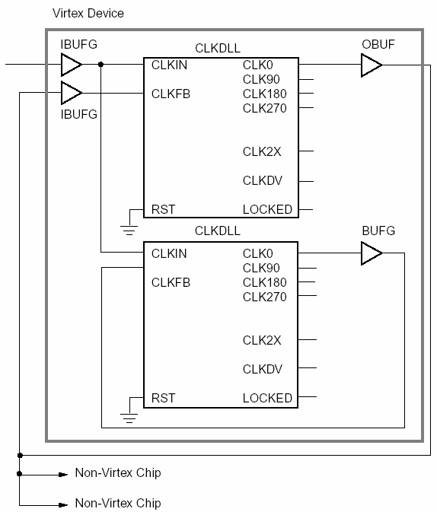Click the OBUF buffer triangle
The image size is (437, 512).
372,65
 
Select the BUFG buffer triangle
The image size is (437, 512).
372,253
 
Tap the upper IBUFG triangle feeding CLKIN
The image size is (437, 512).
72,65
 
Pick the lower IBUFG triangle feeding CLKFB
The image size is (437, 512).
72,93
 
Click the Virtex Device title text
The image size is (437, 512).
88,14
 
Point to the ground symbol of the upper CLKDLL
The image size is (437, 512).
129,230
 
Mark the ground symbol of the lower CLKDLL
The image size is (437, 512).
129,418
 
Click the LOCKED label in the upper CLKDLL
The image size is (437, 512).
267,209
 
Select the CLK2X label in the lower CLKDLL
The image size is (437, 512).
262,340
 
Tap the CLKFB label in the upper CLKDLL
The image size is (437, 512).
171,94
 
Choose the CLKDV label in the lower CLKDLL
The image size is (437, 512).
263,369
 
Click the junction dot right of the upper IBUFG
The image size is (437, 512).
100,65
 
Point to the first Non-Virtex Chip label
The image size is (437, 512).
118,472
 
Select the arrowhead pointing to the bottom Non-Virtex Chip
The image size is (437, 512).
63,505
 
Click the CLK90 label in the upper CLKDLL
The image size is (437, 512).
261,79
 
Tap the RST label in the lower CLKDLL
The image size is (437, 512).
163,398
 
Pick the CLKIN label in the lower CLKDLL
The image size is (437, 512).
169,253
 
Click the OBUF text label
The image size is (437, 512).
378,44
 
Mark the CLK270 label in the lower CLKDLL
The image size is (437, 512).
264,297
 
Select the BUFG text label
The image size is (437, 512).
378,231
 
